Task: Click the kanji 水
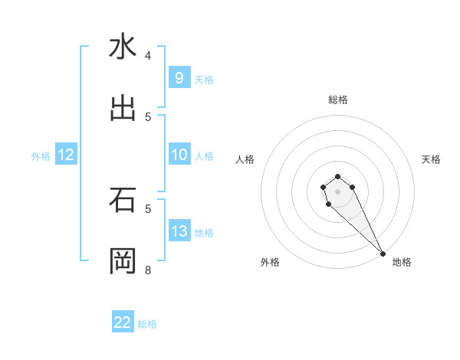tap(123, 47)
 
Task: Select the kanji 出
tap(123, 109)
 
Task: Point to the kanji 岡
tap(123, 261)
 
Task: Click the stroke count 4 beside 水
tap(148, 55)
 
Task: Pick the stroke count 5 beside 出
tap(148, 116)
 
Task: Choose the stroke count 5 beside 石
tap(148, 208)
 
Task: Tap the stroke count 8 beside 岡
tap(148, 270)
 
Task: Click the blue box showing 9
tap(179, 78)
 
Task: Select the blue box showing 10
tap(179, 155)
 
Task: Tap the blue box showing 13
tap(179, 231)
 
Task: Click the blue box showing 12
tap(66, 155)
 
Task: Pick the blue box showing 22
tap(123, 322)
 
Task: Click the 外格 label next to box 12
tap(41, 155)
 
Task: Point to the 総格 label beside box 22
tap(147, 323)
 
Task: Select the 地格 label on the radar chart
tap(402, 262)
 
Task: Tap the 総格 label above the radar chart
tap(337, 100)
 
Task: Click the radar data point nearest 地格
tap(383, 254)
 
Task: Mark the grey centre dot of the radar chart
tap(337, 191)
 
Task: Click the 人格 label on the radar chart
tap(245, 159)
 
